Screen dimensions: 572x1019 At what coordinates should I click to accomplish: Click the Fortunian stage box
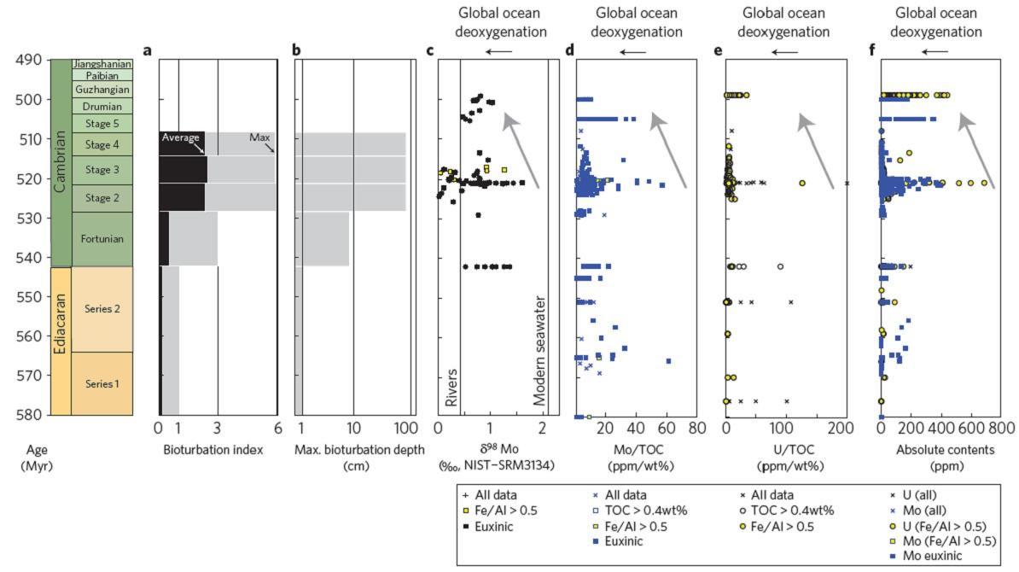point(102,239)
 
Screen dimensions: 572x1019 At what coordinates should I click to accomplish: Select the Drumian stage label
point(102,107)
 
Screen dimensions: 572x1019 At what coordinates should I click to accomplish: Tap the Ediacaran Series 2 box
point(102,309)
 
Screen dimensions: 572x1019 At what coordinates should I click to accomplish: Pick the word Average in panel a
point(181,137)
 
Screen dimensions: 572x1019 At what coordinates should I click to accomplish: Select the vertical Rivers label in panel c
point(451,384)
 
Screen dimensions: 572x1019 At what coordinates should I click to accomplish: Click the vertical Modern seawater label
point(539,351)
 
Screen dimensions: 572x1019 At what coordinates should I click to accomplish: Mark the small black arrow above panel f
point(937,51)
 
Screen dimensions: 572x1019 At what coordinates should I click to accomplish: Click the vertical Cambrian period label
point(60,162)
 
